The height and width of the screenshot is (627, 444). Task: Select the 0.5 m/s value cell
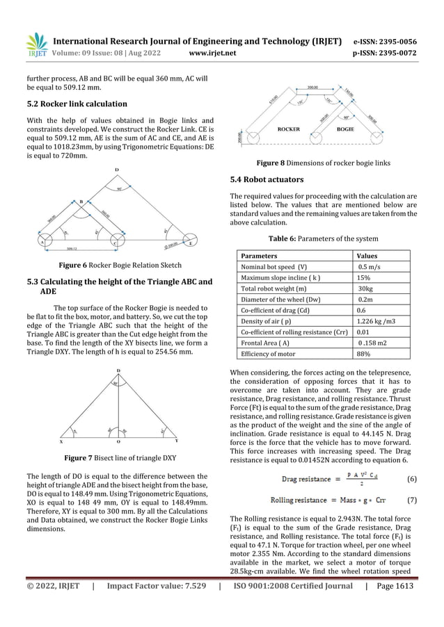click(369, 266)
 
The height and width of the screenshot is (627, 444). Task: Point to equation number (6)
click(411, 478)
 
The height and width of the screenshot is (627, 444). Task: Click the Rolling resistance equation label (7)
click(411, 499)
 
